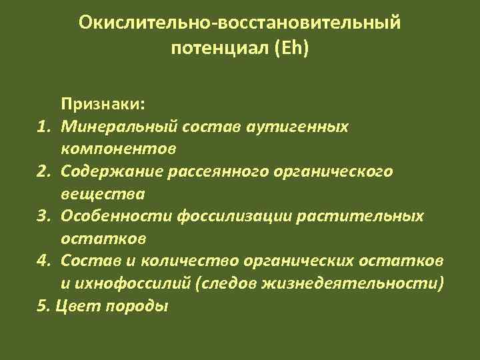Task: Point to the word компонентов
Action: coord(109,148)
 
